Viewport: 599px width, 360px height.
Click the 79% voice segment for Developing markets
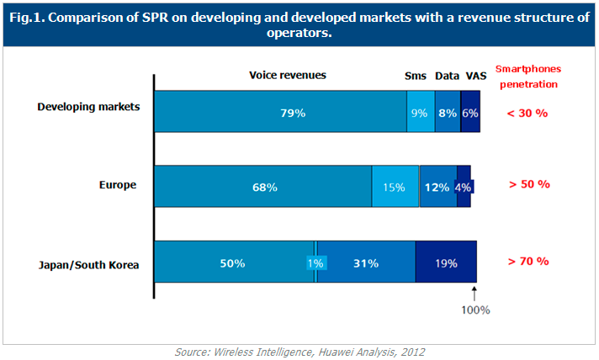click(280, 111)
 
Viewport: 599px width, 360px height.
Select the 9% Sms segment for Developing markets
click(420, 111)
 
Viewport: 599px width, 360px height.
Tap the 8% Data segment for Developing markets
click(448, 111)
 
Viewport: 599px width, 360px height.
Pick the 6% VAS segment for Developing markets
click(470, 111)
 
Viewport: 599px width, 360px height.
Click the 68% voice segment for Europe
click(263, 187)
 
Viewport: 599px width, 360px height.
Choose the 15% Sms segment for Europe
click(395, 187)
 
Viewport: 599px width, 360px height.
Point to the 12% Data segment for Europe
click(437, 187)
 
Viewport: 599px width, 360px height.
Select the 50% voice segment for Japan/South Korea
click(233, 262)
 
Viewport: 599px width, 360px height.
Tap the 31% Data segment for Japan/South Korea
click(366, 262)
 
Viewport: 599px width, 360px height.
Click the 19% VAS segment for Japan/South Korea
click(446, 262)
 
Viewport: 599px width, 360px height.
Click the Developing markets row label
click(89, 107)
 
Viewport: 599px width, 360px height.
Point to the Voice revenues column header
click(288, 75)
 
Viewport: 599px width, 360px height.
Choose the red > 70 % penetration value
click(527, 261)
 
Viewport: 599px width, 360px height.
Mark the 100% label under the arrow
click(474, 309)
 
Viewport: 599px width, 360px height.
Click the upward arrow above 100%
click(474, 294)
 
